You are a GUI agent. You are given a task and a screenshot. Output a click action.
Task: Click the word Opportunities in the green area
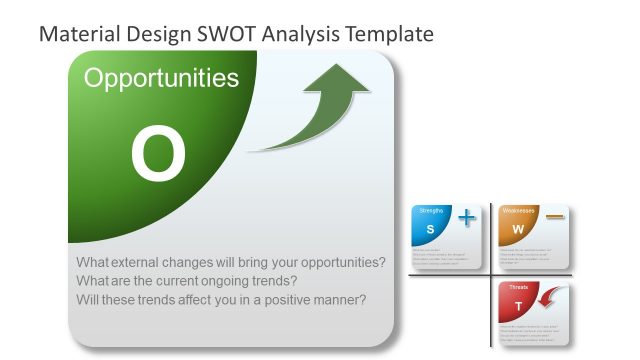coord(161,79)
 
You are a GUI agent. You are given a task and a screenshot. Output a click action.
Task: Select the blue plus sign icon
coord(467,218)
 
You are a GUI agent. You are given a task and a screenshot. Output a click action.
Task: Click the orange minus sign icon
coord(555,217)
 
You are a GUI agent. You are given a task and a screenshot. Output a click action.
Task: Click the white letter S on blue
coord(430,230)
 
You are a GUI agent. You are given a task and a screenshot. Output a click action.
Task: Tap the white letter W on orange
coord(518,230)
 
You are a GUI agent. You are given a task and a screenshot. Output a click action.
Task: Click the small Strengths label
coord(431,210)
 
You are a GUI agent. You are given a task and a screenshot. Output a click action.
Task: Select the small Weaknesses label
coord(519,210)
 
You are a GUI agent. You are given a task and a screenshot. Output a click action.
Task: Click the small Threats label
coord(518,288)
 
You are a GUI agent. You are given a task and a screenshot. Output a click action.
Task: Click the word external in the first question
coord(148,263)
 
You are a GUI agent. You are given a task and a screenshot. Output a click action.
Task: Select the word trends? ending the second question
coord(272,281)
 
